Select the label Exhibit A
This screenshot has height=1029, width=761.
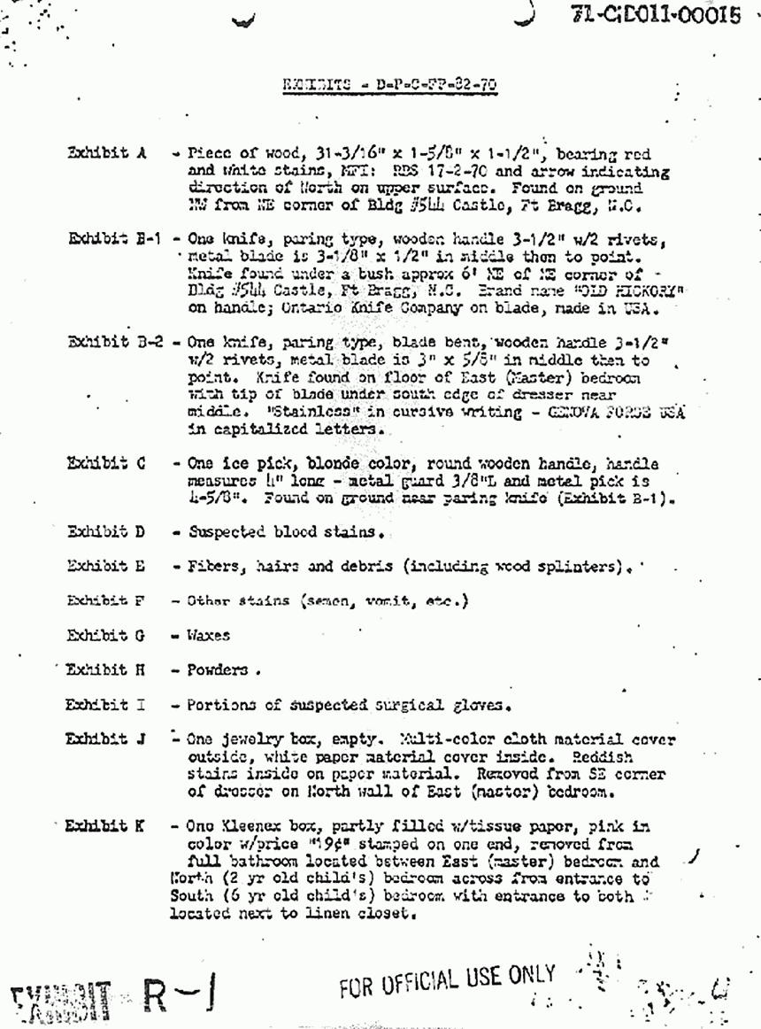point(106,152)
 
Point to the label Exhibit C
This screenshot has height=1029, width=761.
point(106,464)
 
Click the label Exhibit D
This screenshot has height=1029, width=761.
point(107,532)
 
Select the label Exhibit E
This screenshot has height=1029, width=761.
point(107,566)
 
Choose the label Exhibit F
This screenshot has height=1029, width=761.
point(106,600)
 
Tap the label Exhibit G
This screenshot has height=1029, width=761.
point(107,635)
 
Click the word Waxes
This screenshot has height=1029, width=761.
point(208,635)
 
